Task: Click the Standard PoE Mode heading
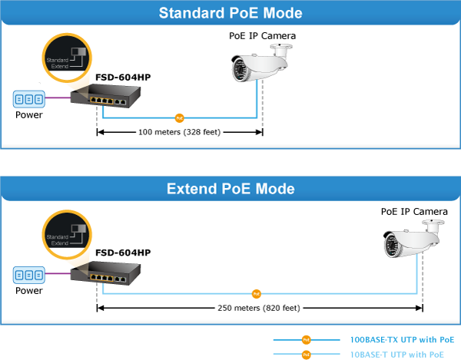(x=230, y=13)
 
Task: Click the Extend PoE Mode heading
(x=230, y=188)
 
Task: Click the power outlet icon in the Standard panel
(x=29, y=99)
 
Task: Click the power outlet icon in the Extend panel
(x=29, y=275)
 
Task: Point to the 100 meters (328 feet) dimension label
(x=179, y=132)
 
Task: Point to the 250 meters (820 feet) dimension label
(x=259, y=309)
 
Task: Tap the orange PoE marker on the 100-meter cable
(x=179, y=118)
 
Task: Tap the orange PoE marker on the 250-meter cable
(x=257, y=293)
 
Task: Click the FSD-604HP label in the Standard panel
(x=123, y=78)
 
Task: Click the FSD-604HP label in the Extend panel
(x=123, y=253)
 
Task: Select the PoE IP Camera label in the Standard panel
(x=262, y=35)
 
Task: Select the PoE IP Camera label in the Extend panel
(x=414, y=212)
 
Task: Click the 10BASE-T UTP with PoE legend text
(x=397, y=355)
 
